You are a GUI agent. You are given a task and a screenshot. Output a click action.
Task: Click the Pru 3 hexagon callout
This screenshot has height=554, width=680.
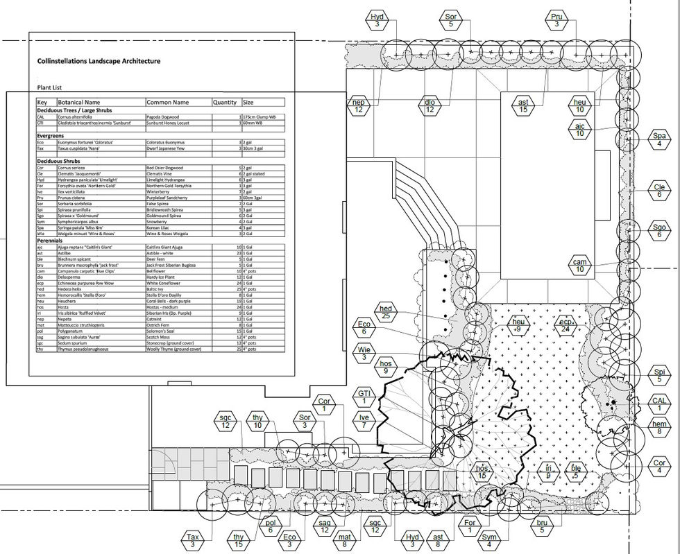click(556, 21)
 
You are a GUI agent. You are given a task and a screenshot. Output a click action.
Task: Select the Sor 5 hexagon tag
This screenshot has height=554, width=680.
click(450, 21)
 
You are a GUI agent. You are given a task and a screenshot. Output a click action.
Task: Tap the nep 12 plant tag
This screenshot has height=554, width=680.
click(359, 106)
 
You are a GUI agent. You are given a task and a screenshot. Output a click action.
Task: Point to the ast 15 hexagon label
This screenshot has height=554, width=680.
click(523, 106)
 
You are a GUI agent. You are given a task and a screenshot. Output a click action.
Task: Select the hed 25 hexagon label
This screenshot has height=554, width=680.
click(387, 312)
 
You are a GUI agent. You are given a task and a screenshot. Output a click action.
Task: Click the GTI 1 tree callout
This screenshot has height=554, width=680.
click(363, 397)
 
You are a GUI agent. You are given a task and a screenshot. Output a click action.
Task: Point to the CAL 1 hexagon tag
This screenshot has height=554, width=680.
click(659, 404)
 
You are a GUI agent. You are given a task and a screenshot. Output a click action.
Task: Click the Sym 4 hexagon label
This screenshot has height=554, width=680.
click(490, 540)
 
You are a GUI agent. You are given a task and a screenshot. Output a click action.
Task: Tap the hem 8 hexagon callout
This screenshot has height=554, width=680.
click(659, 428)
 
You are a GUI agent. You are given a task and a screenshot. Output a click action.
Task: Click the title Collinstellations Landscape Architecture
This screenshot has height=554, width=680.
click(99, 61)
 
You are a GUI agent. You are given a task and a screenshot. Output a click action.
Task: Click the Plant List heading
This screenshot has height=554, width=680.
click(49, 88)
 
